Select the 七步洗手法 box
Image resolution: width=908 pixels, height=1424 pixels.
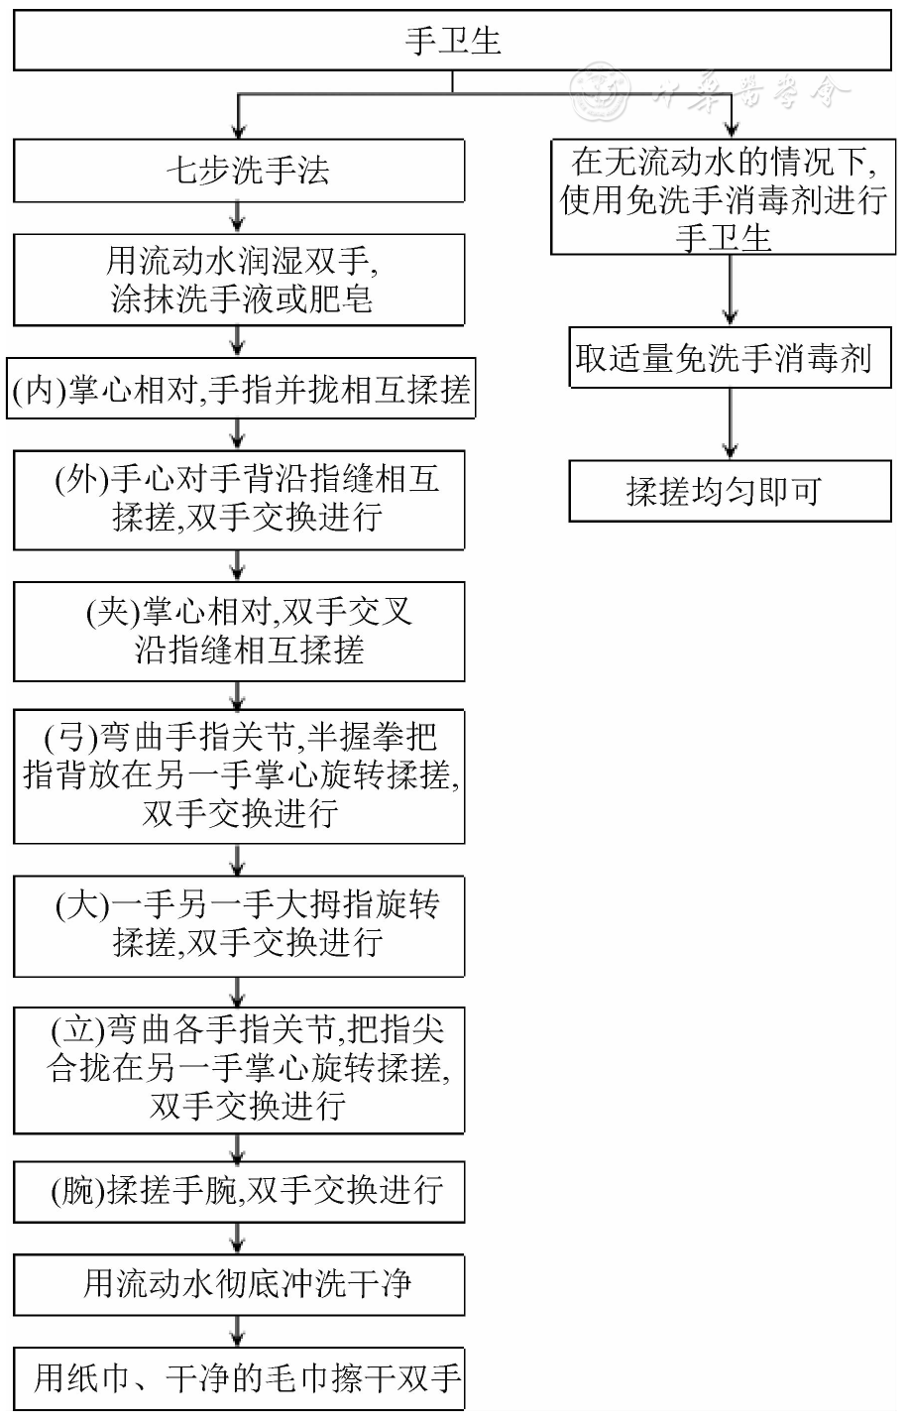tap(239, 171)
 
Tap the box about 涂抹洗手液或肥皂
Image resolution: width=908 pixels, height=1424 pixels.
tap(239, 280)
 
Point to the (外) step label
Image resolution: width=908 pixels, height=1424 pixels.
tap(80, 480)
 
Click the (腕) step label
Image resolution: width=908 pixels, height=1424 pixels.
tap(77, 1190)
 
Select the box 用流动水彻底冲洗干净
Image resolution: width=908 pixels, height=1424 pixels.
tap(239, 1284)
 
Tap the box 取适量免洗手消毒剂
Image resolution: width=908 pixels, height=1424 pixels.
tap(730, 358)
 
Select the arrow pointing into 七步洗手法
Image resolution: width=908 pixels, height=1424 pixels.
tap(238, 119)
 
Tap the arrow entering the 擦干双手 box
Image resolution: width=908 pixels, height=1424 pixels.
tap(238, 1332)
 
